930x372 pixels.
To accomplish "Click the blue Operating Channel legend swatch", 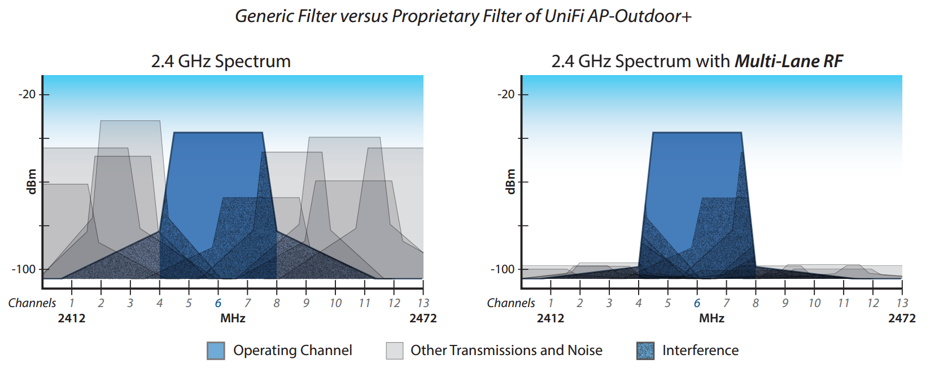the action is point(216,351).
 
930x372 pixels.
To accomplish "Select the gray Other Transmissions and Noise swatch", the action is point(395,351).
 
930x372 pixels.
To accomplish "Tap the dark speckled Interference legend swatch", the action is point(645,351).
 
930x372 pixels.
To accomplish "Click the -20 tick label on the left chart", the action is point(28,95).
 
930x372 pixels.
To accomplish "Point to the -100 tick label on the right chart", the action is point(503,269).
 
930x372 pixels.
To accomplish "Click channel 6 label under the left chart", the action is point(218,303).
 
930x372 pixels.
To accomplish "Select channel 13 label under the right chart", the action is point(902,303).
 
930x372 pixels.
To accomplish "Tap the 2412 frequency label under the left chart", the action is point(71,318).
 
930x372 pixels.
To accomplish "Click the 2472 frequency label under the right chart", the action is point(902,318).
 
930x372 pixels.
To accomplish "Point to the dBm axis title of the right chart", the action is point(510,182).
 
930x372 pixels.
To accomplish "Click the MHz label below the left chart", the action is point(233,318).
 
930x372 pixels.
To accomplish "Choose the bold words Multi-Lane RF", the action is point(789,62).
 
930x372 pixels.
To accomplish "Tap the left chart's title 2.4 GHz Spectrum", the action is point(221,62).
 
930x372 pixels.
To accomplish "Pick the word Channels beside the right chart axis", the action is point(510,303).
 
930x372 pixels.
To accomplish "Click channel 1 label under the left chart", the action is point(71,303).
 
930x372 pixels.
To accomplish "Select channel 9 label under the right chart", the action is point(785,303).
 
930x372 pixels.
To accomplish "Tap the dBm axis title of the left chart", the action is point(32,182).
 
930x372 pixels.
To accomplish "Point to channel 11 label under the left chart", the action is point(365,303).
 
